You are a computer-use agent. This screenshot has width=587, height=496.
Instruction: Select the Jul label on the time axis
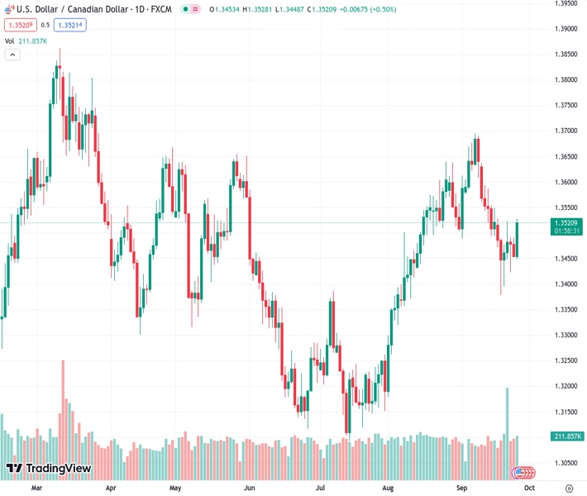(x=321, y=489)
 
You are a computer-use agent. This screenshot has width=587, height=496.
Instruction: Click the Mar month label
(x=36, y=489)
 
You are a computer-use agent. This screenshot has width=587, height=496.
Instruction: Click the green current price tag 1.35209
(x=566, y=222)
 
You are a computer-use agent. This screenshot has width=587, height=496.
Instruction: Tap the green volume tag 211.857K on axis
(x=566, y=436)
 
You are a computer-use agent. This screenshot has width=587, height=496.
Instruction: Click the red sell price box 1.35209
(x=21, y=25)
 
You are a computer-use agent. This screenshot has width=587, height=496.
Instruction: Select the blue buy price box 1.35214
(x=69, y=25)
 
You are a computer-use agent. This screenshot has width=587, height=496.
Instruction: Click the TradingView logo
(x=48, y=469)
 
